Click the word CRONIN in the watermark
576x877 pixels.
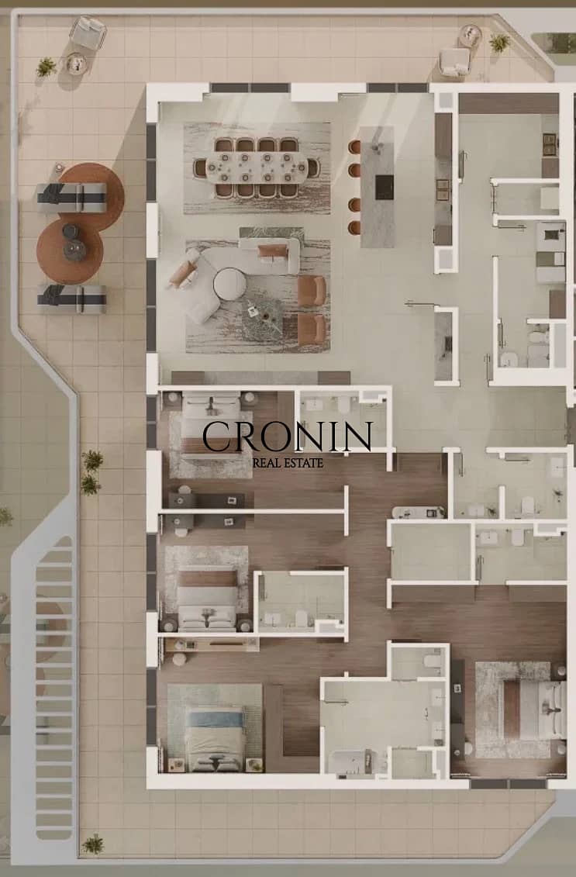288,437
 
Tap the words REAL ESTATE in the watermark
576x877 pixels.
288,463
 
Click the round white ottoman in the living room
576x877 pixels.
229,284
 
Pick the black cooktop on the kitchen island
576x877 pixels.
385,188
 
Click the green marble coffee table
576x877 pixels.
264,319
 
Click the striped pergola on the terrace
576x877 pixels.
53,688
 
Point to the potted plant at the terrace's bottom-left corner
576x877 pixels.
93,844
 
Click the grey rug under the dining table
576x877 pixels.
257,167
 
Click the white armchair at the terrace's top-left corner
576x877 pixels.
88,33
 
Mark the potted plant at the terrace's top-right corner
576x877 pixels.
499,42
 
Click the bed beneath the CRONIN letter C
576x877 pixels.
211,426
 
